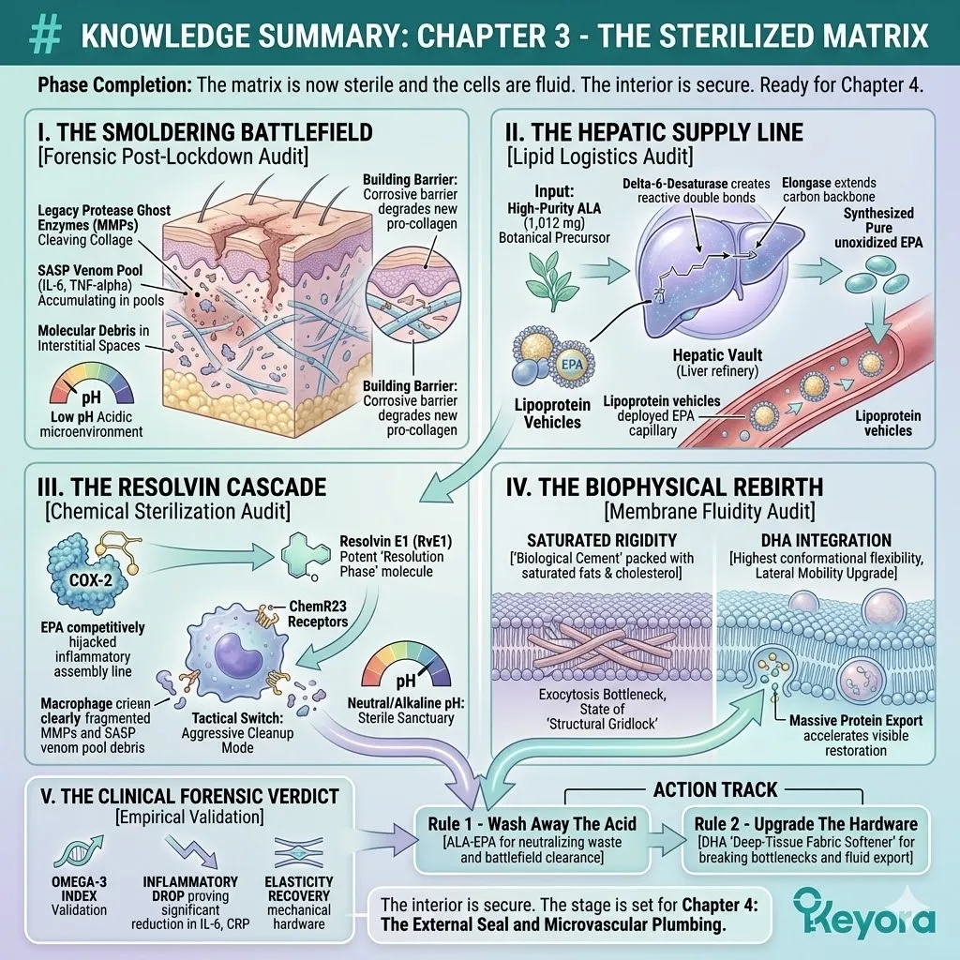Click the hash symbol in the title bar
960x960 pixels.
click(46, 35)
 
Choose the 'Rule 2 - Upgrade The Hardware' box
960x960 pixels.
click(806, 832)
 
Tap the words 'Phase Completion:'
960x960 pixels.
click(114, 85)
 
